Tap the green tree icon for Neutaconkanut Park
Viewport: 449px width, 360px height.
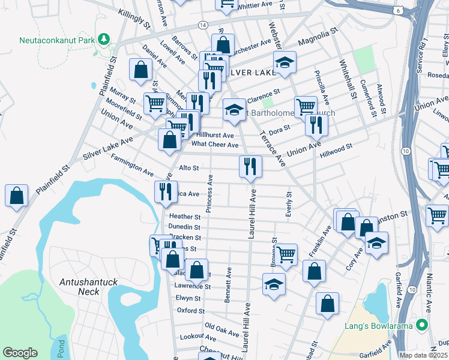click(x=104, y=40)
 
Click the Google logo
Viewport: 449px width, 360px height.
click(x=20, y=353)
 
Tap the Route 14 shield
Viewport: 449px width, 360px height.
click(x=203, y=25)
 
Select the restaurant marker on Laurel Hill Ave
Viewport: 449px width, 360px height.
click(x=250, y=166)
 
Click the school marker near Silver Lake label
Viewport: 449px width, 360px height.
click(x=284, y=61)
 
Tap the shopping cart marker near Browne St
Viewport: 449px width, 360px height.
click(x=286, y=254)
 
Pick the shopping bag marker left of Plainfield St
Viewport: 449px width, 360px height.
click(x=16, y=195)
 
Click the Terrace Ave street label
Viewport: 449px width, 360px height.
click(x=271, y=148)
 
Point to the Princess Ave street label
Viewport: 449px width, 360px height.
click(x=209, y=193)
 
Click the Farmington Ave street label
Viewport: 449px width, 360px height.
click(x=132, y=164)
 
